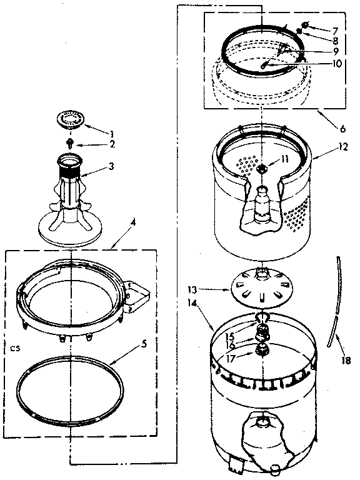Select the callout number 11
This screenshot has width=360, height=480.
(285, 159)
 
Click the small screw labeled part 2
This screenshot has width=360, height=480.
(71, 143)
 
